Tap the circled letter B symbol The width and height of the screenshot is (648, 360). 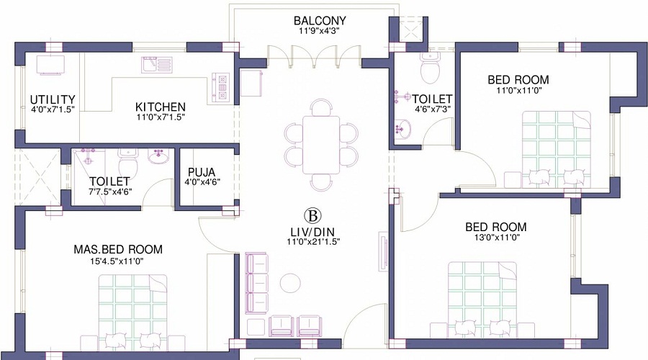(x=312, y=215)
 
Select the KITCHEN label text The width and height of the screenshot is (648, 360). (x=161, y=107)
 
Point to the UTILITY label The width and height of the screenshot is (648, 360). (x=53, y=99)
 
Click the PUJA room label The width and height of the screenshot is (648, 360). (x=202, y=172)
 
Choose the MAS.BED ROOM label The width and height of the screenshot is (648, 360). (x=118, y=249)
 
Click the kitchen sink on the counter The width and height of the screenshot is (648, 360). (x=155, y=66)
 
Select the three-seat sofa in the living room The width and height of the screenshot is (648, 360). (x=256, y=282)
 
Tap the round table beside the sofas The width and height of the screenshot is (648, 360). (x=292, y=283)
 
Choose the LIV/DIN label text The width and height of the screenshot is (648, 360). (x=311, y=232)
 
